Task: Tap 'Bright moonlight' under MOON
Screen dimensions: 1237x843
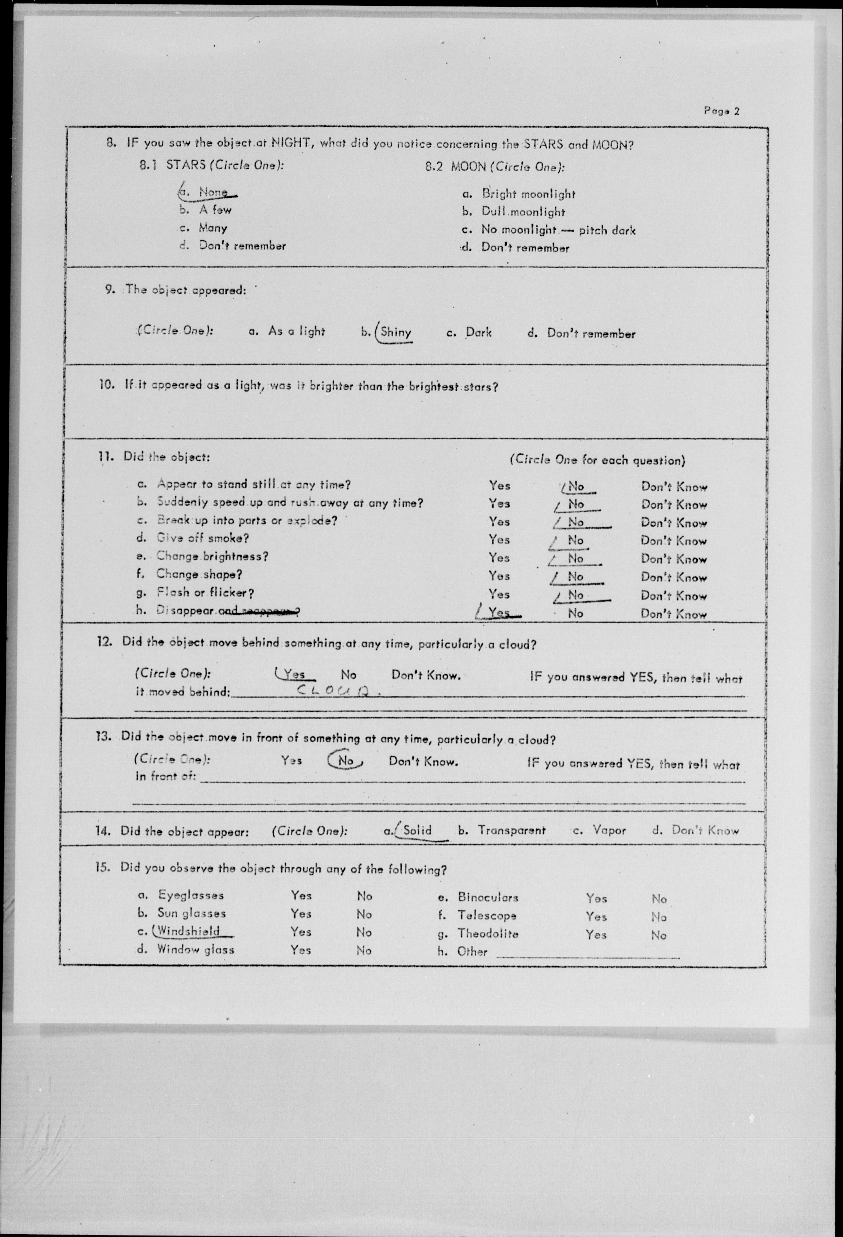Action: point(528,194)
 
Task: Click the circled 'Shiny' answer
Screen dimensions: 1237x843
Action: point(396,333)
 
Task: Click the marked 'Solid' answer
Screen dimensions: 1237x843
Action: point(417,830)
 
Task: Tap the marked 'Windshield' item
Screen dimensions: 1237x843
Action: point(188,932)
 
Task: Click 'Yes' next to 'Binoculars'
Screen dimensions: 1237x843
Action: point(596,898)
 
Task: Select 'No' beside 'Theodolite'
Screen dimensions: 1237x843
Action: point(659,935)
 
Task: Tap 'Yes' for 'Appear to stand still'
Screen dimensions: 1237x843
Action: point(499,486)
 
